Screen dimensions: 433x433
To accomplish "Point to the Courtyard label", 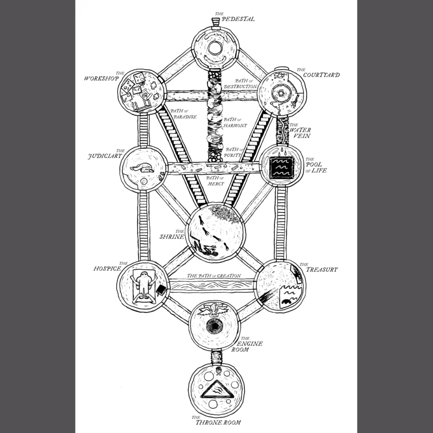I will (321, 75).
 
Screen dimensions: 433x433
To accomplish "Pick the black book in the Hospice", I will (161, 290).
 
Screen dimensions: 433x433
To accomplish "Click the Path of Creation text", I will (214, 276).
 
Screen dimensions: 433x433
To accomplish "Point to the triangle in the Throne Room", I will (216, 389).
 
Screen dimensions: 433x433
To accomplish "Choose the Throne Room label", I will (218, 421).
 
